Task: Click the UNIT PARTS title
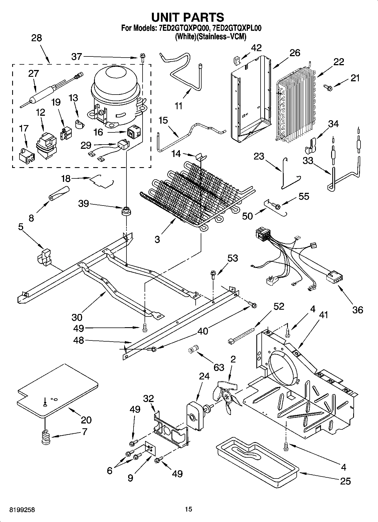click(x=188, y=17)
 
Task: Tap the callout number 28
click(x=36, y=38)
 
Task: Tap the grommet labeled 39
click(x=125, y=211)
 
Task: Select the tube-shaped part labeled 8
click(x=59, y=193)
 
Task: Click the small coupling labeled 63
click(x=193, y=349)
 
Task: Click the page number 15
click(x=188, y=509)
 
